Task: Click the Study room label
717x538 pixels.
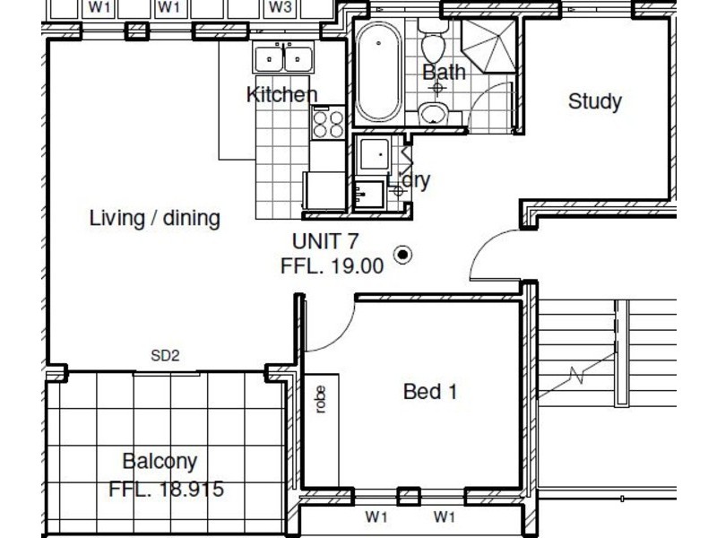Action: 594,101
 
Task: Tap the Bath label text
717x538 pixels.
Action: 444,73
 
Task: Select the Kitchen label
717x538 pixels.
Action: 281,95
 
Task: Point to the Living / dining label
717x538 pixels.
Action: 154,218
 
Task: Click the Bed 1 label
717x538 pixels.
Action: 430,392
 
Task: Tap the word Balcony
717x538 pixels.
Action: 160,461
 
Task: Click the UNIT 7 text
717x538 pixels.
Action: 324,241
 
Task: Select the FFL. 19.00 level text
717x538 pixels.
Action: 332,266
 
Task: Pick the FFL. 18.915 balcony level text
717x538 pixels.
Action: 167,489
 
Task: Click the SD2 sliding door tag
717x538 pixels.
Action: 165,355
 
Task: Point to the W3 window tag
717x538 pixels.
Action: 281,7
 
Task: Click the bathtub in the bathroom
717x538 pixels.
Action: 378,72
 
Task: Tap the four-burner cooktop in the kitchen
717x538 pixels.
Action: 328,123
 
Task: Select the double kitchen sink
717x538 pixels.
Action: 283,56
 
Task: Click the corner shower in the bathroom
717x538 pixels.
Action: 488,46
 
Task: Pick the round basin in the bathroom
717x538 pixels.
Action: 434,113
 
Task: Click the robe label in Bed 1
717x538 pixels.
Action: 321,399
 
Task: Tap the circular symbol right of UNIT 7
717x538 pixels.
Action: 402,255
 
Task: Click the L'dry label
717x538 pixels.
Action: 409,180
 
